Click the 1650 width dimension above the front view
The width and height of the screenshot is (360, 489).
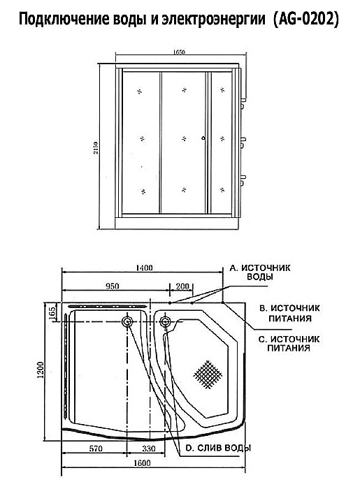point(179,52)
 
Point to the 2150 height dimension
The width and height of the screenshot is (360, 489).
point(96,148)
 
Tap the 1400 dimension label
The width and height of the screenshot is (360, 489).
point(145,268)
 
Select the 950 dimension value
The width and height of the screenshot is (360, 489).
point(113,286)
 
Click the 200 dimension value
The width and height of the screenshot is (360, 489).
point(182,286)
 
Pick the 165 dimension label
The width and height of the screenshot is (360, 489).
point(52,312)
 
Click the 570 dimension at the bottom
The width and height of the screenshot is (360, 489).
point(96,448)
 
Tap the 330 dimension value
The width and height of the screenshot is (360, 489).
point(149,448)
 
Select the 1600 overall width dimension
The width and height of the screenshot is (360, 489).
point(142,462)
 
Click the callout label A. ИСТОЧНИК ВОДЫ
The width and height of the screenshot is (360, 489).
point(260,272)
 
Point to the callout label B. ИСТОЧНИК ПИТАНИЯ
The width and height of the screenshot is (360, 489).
point(289,313)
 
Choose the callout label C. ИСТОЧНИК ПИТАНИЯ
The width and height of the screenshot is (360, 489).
point(289,344)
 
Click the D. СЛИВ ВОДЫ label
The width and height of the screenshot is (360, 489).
point(218,448)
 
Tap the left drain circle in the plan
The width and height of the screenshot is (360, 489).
point(127,321)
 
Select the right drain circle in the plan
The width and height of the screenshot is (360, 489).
point(165,321)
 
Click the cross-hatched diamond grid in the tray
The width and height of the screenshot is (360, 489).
point(208,374)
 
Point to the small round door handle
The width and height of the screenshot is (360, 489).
point(203,138)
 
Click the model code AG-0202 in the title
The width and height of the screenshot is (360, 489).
point(305,20)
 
